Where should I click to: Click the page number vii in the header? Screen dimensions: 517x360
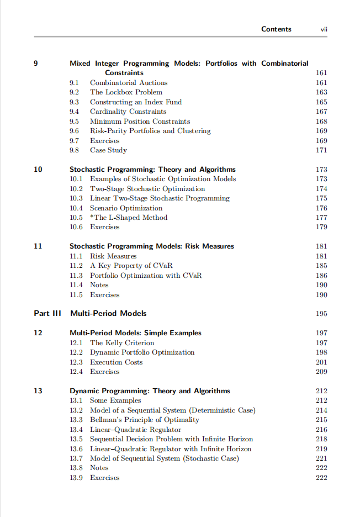[x=324, y=29]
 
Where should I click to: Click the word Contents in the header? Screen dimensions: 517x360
[x=276, y=29]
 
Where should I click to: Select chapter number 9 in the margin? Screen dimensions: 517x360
[x=36, y=64]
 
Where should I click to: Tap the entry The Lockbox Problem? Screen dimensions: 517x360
[x=126, y=92]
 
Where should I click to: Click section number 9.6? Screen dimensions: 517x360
[x=76, y=131]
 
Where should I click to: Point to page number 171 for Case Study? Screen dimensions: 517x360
[x=321, y=150]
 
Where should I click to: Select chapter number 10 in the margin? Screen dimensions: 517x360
[x=38, y=170]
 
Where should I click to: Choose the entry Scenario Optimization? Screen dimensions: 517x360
[x=126, y=208]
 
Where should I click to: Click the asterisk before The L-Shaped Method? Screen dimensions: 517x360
[x=92, y=217]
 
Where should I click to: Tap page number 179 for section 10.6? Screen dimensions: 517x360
[x=321, y=227]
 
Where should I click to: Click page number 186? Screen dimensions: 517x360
[x=321, y=275]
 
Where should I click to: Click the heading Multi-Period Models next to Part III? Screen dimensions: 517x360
[x=108, y=313]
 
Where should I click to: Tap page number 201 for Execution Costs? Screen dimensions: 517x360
[x=321, y=362]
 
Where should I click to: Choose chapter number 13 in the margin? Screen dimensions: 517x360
[x=38, y=391]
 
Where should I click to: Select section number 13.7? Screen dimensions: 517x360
[x=76, y=458]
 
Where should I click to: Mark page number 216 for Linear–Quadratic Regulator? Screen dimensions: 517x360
[x=321, y=430]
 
